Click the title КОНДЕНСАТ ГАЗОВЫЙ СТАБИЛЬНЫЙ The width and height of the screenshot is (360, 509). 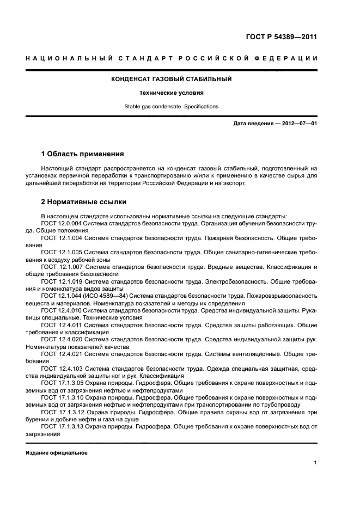click(x=172, y=79)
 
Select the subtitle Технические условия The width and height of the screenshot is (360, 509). click(x=172, y=93)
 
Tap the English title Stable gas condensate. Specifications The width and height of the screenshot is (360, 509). click(x=172, y=107)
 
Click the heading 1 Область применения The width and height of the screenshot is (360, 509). click(x=82, y=154)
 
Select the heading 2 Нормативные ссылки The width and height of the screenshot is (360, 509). click(x=84, y=202)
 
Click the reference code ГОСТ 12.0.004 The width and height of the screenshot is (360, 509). click(x=61, y=224)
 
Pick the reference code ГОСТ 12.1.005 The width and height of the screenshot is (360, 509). click(x=61, y=253)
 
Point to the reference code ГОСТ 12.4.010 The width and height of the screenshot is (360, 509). click(x=61, y=310)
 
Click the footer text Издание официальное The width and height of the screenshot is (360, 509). click(x=57, y=453)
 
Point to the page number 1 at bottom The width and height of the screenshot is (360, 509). click(x=315, y=463)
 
